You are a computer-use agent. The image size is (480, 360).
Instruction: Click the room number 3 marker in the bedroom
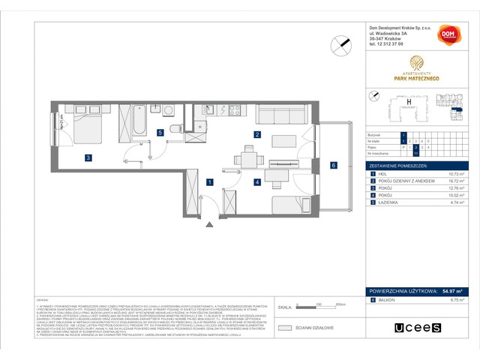pyautogui.click(x=88, y=157)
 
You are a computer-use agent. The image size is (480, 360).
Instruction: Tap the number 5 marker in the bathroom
pyautogui.click(x=160, y=133)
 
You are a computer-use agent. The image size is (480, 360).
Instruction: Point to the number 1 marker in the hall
pyautogui.click(x=211, y=181)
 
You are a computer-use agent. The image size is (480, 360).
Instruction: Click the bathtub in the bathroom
pyautogui.click(x=139, y=122)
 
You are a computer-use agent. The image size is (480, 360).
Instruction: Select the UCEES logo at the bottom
pyautogui.click(x=407, y=328)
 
